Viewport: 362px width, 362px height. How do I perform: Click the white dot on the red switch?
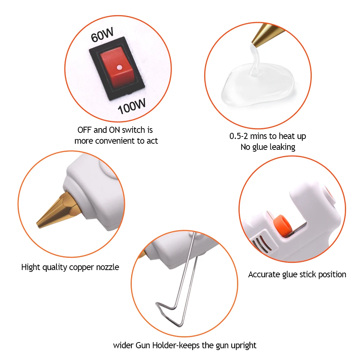118,67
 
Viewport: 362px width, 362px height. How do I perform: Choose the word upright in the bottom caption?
243,345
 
